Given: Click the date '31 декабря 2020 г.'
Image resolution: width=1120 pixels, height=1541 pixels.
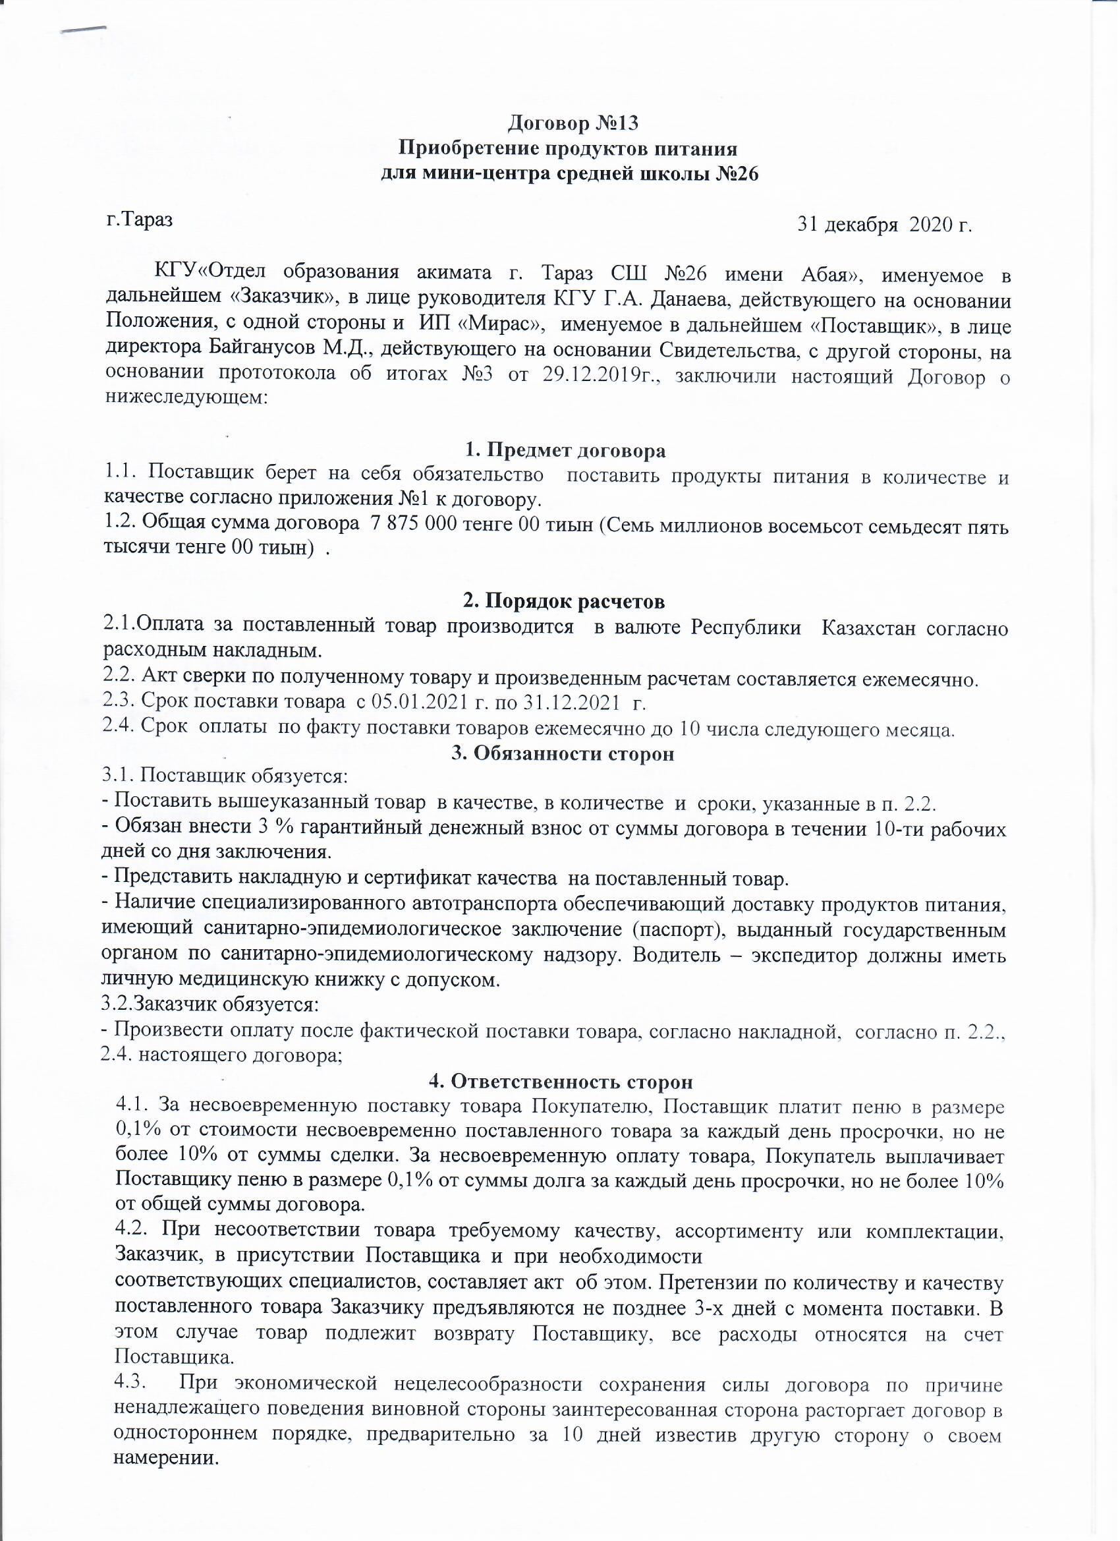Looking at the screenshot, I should [885, 225].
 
